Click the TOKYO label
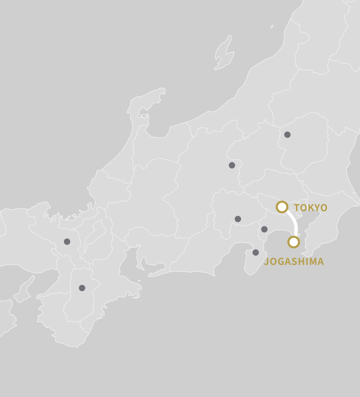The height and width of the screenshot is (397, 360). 310,208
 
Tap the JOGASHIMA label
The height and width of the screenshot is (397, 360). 294,261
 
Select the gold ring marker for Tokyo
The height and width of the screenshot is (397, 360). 282,207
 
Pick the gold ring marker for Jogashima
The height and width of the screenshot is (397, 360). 294,242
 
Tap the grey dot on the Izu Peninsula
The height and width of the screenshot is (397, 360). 255,252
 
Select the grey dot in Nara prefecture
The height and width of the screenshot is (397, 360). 82,288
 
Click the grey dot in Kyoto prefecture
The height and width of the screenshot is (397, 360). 67,241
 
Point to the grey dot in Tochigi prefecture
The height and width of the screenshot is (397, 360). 287,135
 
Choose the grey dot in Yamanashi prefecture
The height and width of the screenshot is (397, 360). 238,219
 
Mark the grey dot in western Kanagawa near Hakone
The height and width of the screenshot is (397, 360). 264,229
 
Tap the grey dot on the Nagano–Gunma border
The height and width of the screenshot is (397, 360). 232,165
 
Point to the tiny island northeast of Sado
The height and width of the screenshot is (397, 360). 272,26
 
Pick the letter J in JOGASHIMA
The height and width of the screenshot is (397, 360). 266,262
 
